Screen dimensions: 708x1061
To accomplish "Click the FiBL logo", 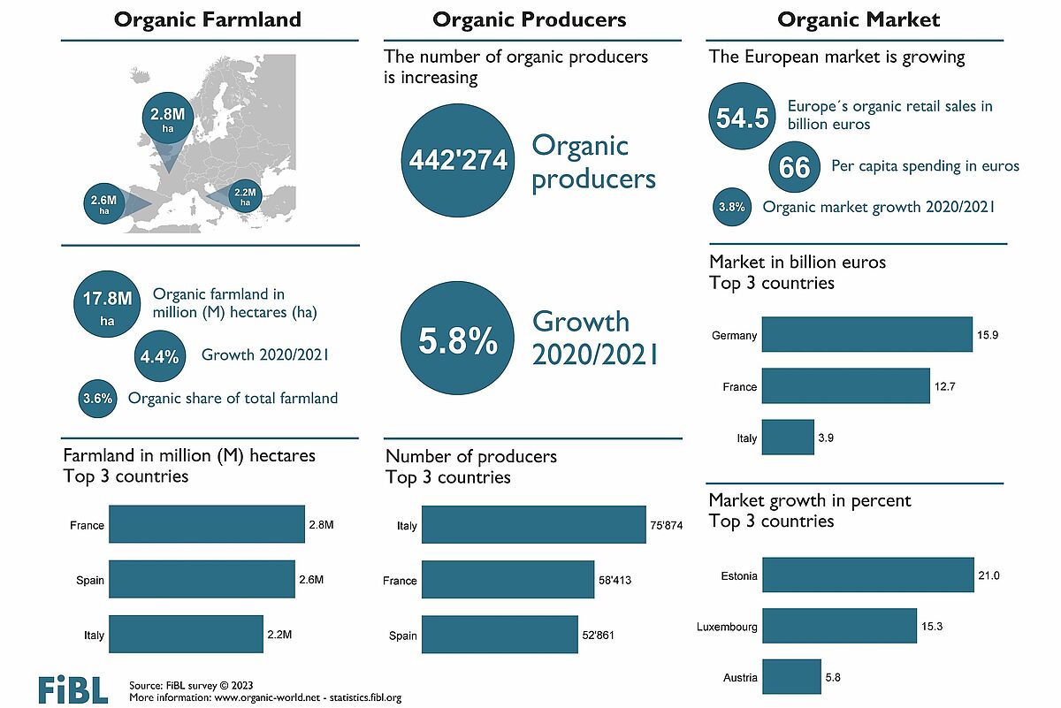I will pyautogui.click(x=73, y=689).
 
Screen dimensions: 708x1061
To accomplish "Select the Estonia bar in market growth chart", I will pyautogui.click(x=867, y=575).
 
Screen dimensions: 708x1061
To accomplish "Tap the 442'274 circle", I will pyautogui.click(x=457, y=160).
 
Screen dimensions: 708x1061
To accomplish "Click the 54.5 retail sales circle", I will pyautogui.click(x=742, y=118).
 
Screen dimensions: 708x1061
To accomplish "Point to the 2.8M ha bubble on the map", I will pyautogui.click(x=167, y=121).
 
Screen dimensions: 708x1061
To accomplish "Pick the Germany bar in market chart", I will pyautogui.click(x=866, y=335).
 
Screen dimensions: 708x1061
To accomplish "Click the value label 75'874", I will pyautogui.click(x=667, y=525).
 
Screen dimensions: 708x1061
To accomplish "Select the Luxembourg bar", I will pyautogui.click(x=839, y=626).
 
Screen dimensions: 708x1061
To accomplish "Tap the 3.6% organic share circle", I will pyautogui.click(x=97, y=399).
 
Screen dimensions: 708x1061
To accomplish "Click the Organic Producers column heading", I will pyautogui.click(x=530, y=19).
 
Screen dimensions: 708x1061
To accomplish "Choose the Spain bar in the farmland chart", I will pyautogui.click(x=202, y=580).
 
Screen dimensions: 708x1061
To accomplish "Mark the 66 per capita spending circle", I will pyautogui.click(x=795, y=166).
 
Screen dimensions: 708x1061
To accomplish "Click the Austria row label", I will pyautogui.click(x=739, y=678).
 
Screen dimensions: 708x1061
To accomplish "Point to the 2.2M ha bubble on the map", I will pyautogui.click(x=244, y=196).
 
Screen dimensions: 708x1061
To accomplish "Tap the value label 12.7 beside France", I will pyautogui.click(x=946, y=386).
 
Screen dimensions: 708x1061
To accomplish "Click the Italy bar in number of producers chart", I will pyautogui.click(x=534, y=525).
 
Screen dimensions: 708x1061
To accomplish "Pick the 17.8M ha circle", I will pyautogui.click(x=107, y=305).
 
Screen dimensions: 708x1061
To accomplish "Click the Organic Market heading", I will pyautogui.click(x=859, y=19).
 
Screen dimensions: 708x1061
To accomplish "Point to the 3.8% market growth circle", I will pyautogui.click(x=732, y=208).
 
